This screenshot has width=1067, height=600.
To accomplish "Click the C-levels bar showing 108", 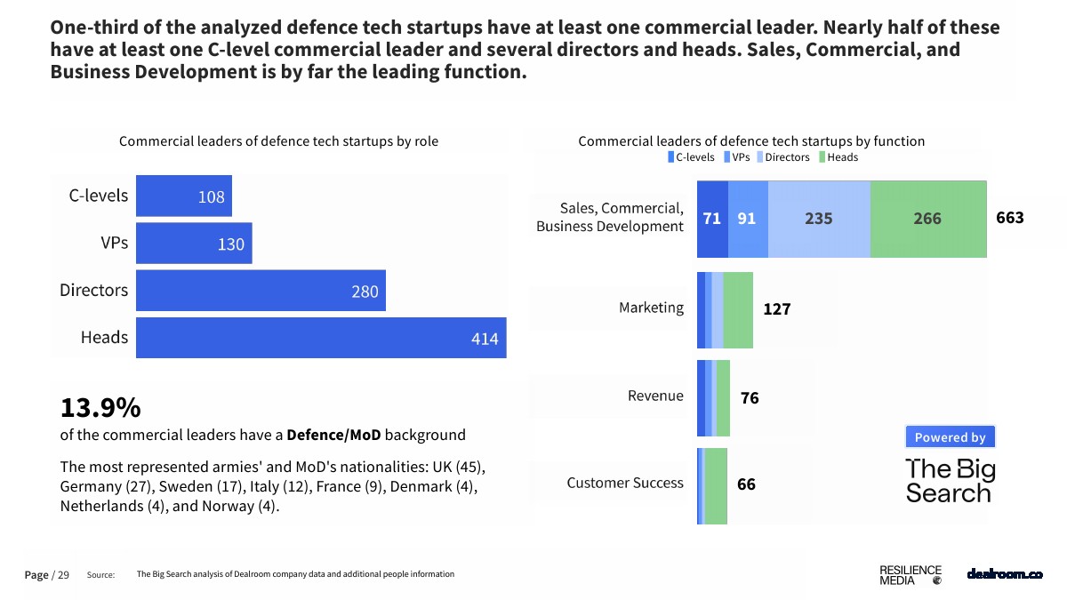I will tap(183, 196).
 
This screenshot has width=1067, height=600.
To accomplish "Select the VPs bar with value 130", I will tap(194, 244).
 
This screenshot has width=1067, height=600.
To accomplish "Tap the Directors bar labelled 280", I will tap(261, 291).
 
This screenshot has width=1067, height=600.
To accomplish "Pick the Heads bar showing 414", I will tap(321, 338).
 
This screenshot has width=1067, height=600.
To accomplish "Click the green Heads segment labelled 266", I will tap(928, 219).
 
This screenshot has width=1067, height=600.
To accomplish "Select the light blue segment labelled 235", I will tap(819, 219).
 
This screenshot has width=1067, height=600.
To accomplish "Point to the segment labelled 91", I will tap(748, 219).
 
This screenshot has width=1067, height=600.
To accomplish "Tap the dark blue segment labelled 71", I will tap(712, 219).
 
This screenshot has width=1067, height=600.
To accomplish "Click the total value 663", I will tap(1010, 218).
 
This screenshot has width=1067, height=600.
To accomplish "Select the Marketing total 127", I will tap(776, 309).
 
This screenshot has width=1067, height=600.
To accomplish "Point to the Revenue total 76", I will tap(750, 398).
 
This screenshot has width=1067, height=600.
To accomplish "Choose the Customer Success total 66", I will tap(746, 485).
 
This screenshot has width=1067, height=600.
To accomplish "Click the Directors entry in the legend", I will tap(782, 157).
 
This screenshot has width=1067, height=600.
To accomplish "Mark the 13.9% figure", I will tap(100, 408).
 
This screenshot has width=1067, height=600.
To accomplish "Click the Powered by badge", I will tap(950, 437).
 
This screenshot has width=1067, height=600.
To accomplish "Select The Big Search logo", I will tap(950, 481).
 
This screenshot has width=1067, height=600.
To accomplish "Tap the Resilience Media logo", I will tap(910, 575).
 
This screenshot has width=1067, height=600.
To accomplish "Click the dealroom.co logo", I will tap(1004, 574).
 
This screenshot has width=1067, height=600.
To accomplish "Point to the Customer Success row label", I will tap(625, 484).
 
